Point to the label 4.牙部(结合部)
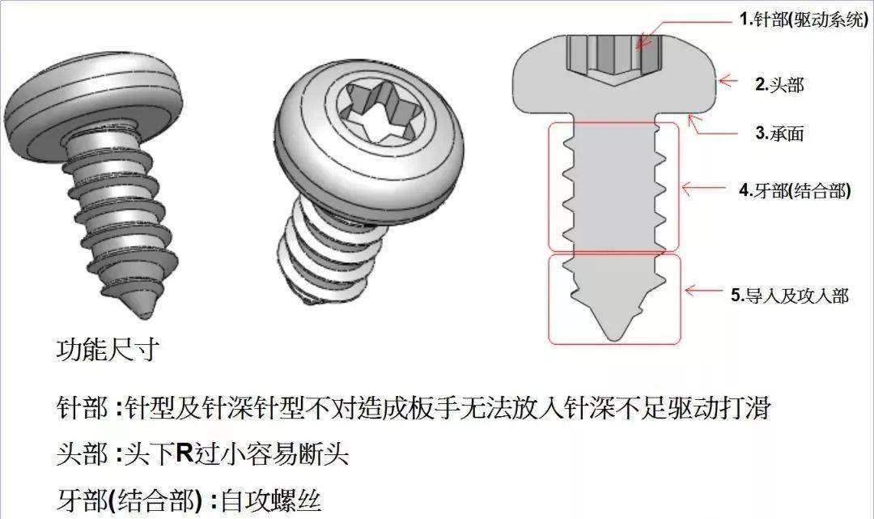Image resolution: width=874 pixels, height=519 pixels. click(794, 192)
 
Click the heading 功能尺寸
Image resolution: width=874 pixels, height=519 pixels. click(107, 351)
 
